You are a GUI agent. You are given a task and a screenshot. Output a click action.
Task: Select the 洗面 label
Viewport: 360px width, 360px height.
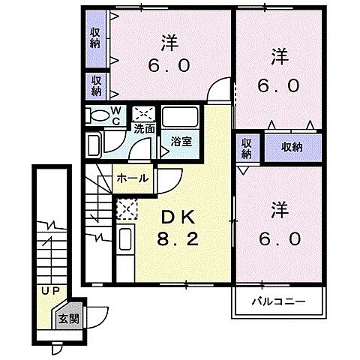click(x=144, y=128)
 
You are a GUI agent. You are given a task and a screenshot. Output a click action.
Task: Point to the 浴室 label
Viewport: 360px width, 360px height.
click(x=180, y=141)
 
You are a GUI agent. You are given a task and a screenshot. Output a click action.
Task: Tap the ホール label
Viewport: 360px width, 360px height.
click(x=133, y=178)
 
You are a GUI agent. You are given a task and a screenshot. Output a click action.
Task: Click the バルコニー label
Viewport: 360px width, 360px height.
click(x=277, y=302)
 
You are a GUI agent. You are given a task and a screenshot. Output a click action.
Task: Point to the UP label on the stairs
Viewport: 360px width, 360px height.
click(x=50, y=290)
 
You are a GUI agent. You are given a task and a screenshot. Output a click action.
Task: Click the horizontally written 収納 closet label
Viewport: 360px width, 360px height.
click(x=292, y=146)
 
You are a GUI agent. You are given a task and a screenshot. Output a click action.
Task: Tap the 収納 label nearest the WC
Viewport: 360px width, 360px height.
click(x=97, y=85)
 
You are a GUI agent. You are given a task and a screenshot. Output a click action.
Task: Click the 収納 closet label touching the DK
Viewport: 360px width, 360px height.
click(x=247, y=147)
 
